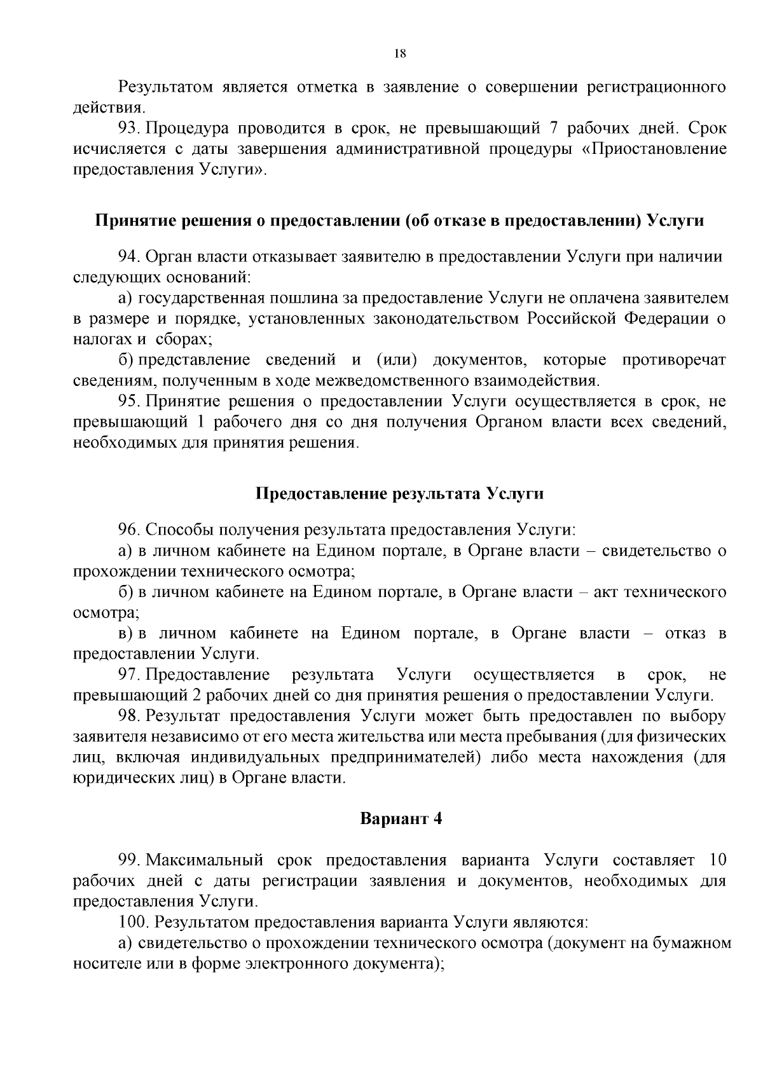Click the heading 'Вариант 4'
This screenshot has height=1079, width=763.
pyautogui.click(x=401, y=818)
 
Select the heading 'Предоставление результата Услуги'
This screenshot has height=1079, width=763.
pyautogui.click(x=399, y=493)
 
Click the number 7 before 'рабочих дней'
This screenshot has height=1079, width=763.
pyautogui.click(x=553, y=128)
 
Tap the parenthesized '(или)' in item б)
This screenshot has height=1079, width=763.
pyautogui.click(x=396, y=360)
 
